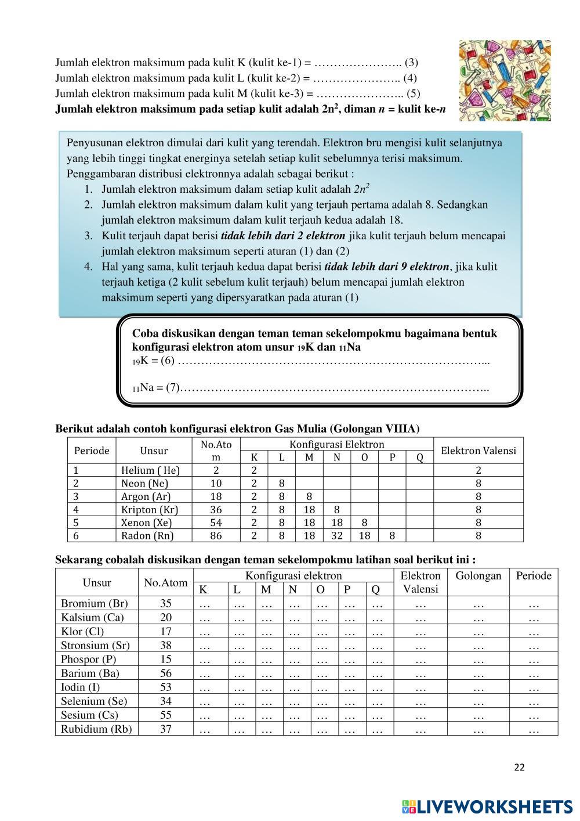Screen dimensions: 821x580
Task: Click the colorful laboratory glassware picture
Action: point(505,80)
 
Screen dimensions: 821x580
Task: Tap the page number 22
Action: point(519,767)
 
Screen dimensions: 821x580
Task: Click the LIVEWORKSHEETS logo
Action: point(487,806)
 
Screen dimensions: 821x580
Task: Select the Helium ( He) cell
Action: point(150,470)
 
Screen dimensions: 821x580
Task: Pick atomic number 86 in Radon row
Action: point(216,535)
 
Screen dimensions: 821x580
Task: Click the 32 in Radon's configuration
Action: point(336,535)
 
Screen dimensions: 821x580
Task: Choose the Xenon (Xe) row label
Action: point(146,523)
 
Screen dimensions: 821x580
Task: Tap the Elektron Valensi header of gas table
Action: point(478,451)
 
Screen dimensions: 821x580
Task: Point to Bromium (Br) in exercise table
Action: point(95,603)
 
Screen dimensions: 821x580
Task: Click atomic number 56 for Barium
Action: point(166,673)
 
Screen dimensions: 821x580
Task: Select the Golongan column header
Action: point(478,576)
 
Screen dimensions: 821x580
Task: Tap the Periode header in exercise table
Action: point(534,576)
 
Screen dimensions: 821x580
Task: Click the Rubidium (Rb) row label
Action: point(96,729)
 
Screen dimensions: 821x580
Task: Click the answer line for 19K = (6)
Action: point(333,362)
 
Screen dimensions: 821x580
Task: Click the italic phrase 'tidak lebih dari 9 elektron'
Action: point(386,267)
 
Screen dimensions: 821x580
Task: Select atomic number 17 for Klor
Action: point(166,631)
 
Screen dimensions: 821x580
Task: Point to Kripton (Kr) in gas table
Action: point(149,510)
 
